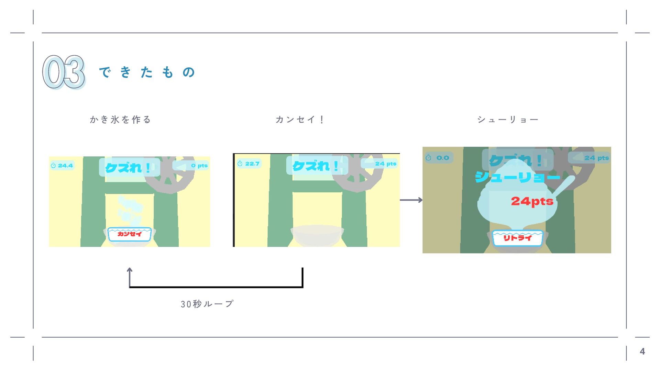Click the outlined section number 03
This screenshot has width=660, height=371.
64,72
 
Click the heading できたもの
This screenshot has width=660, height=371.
147,72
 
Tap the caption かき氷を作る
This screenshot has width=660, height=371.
120,120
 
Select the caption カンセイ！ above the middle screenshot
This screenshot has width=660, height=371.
299,120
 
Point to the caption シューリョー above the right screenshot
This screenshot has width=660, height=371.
507,120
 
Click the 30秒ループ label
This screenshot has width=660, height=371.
207,304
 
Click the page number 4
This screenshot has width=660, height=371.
642,351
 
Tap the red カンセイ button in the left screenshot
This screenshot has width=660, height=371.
130,234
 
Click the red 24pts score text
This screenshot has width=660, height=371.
532,201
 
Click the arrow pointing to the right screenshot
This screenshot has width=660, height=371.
411,200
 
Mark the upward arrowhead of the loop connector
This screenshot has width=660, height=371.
130,270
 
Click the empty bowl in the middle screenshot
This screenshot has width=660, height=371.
317,235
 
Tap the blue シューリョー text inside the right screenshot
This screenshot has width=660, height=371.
517,177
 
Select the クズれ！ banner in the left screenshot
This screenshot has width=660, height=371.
130,167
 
